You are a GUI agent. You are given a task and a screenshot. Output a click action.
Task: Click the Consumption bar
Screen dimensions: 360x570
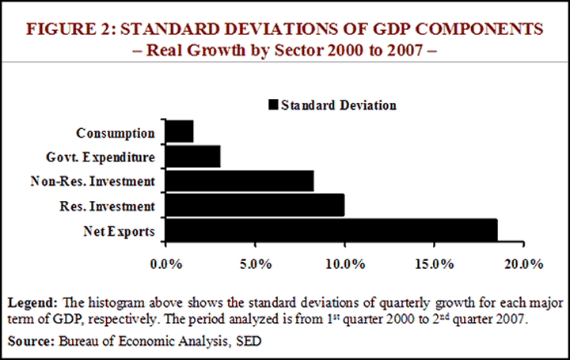tap(179, 131)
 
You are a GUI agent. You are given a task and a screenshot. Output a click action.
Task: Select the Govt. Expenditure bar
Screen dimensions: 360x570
tap(192, 156)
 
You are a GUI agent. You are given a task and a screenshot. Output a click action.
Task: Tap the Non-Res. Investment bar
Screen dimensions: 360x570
tap(239, 181)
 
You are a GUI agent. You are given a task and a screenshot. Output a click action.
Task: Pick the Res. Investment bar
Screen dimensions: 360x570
tap(254, 206)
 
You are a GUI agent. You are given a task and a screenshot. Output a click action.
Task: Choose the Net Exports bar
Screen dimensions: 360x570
tap(331, 230)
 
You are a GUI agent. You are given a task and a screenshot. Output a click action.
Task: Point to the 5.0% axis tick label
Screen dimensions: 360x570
tap(255, 262)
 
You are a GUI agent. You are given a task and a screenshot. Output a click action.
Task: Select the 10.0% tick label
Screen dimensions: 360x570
tap(344, 262)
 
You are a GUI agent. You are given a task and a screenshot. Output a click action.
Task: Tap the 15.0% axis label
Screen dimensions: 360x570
tap(435, 262)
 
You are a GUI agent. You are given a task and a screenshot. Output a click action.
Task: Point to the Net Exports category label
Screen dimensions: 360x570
tap(120, 232)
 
